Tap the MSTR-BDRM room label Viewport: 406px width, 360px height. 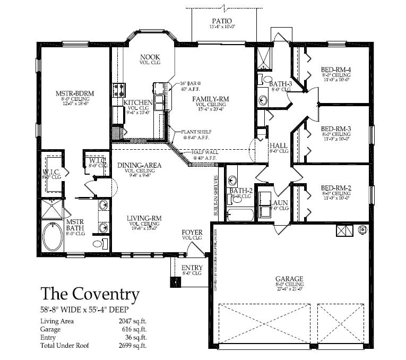[75, 93]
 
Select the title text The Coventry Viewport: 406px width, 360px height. [90, 294]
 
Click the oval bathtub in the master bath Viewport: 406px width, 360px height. [53, 237]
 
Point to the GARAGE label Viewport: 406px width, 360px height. [289, 279]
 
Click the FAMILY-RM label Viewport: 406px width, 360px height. [211, 99]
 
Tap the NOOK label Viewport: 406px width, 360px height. [150, 57]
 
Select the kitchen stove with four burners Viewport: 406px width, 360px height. [118, 89]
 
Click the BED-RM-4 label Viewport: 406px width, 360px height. [336, 70]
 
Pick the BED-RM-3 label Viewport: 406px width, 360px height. [336, 128]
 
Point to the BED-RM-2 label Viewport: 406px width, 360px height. [336, 188]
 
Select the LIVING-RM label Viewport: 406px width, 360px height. [144, 218]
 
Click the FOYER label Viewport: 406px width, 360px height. [192, 233]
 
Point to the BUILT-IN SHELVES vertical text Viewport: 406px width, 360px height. [216, 195]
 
